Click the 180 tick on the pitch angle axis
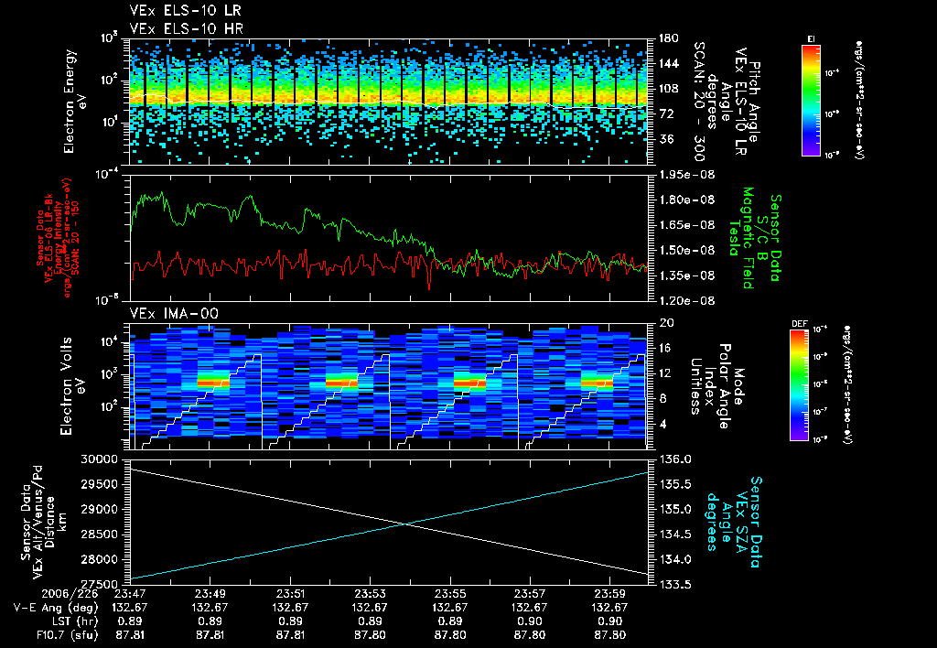click(x=666, y=38)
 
